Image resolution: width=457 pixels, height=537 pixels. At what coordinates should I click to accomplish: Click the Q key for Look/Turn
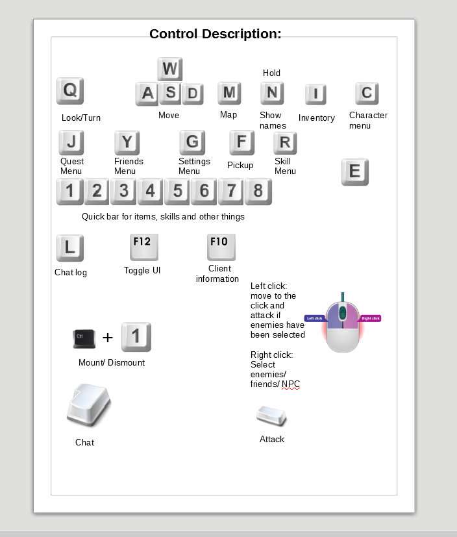70,91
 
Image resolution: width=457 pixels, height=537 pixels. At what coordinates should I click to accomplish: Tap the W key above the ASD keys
169,69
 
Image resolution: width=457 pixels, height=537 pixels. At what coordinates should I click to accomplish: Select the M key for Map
229,93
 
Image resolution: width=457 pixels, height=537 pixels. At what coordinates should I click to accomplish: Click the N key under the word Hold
272,93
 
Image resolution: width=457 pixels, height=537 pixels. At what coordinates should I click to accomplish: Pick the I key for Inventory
315,94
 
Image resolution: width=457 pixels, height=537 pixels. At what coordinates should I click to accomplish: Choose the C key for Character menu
367,93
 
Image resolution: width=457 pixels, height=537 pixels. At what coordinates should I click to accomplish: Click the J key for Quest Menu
71,142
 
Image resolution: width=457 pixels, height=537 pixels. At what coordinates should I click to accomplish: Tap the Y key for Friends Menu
127,142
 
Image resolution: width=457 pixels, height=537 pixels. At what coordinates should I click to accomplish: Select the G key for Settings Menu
192,142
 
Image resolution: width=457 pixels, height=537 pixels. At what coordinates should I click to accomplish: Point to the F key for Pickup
241,142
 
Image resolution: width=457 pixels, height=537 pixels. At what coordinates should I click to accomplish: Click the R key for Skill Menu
285,143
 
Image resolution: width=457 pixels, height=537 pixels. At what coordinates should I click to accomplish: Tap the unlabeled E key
355,171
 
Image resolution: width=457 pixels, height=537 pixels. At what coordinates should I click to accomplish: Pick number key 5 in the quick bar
177,191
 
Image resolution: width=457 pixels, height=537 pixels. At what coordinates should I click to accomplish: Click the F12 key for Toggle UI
143,247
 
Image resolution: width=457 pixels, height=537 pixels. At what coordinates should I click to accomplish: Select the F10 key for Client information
221,247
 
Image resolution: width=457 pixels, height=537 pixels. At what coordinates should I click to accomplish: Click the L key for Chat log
70,247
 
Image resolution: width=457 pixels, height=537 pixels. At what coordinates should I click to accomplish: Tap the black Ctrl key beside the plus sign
84,338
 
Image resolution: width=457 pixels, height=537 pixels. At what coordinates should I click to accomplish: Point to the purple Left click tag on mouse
314,318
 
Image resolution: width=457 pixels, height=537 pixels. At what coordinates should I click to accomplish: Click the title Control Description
215,34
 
